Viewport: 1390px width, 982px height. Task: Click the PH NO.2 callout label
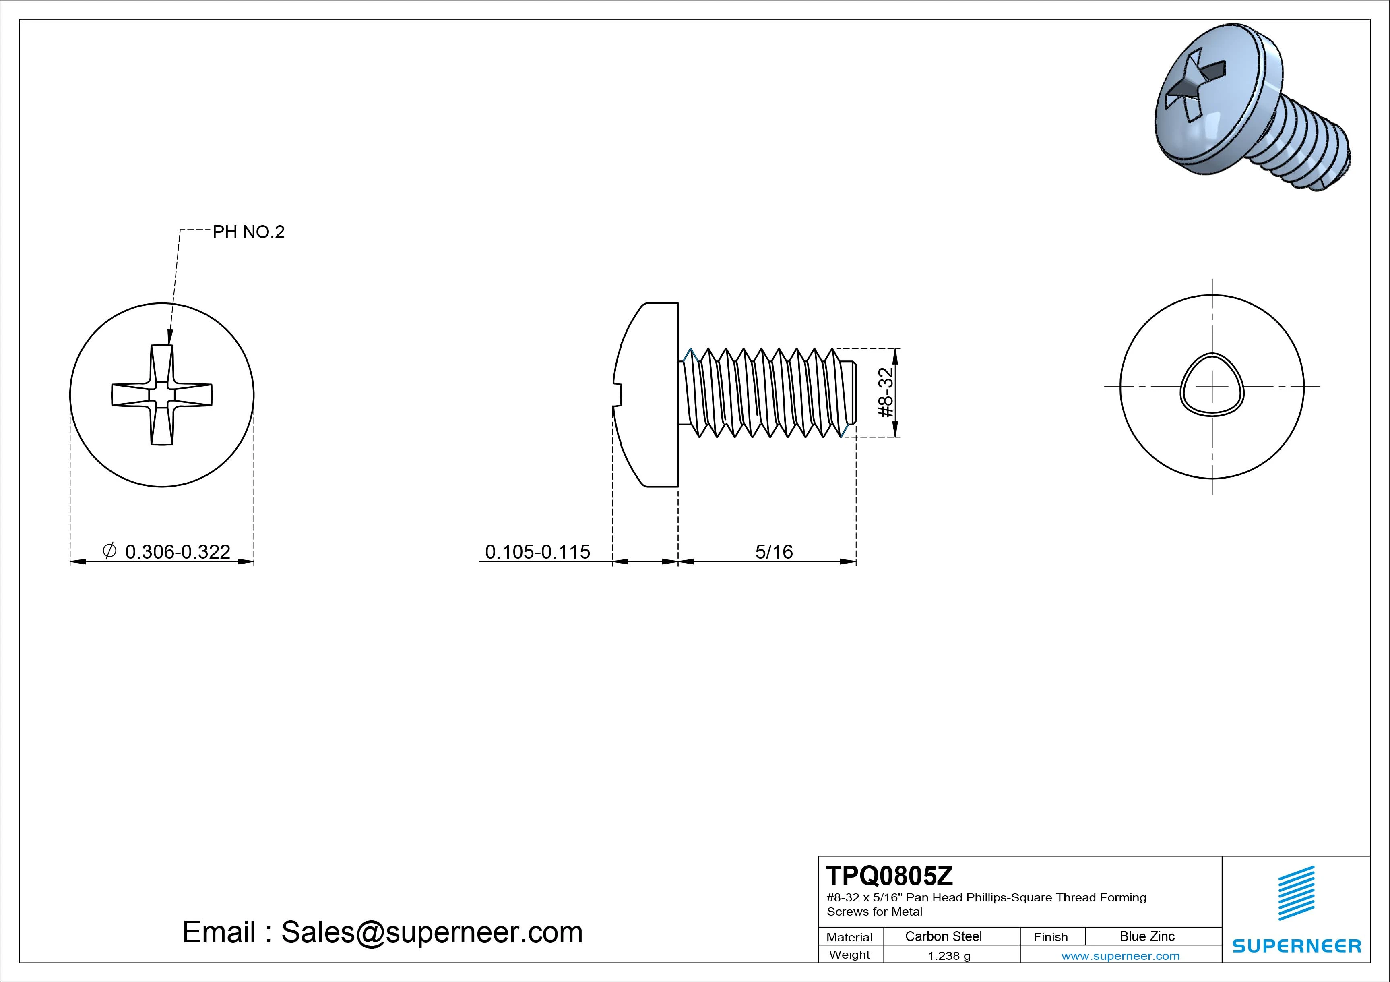pos(248,232)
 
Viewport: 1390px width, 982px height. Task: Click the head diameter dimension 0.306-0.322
pos(178,552)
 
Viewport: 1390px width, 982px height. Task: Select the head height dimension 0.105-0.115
pos(537,552)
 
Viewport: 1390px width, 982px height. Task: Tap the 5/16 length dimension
pos(774,552)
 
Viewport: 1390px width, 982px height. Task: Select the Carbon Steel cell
pos(943,936)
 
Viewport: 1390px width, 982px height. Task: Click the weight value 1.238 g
pos(949,956)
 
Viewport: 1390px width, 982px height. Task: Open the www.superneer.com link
pos(1120,956)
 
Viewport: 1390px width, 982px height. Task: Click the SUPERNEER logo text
pos(1296,946)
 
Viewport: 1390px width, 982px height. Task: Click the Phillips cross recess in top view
pos(162,395)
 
